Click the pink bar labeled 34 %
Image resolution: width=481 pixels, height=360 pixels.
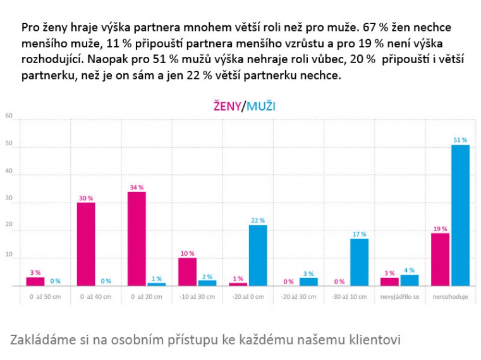(137, 239)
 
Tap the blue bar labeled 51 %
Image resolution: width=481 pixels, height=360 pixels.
(460, 215)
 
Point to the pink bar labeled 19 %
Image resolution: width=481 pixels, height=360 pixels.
(441, 260)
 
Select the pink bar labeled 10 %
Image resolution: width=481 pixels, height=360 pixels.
(187, 272)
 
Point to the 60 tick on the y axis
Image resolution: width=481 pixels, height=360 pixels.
(9, 116)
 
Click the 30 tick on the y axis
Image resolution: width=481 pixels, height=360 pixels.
(9, 202)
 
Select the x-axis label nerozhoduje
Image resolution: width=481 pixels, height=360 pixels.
(451, 297)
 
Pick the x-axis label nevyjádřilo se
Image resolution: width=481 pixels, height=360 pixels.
(399, 297)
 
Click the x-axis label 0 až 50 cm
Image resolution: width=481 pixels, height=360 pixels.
(46, 297)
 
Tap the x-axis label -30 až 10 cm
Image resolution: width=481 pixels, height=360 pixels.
(349, 297)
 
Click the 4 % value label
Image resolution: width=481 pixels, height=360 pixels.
(410, 270)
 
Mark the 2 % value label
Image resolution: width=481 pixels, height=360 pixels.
(207, 275)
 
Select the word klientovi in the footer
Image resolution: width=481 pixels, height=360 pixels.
(372, 340)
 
